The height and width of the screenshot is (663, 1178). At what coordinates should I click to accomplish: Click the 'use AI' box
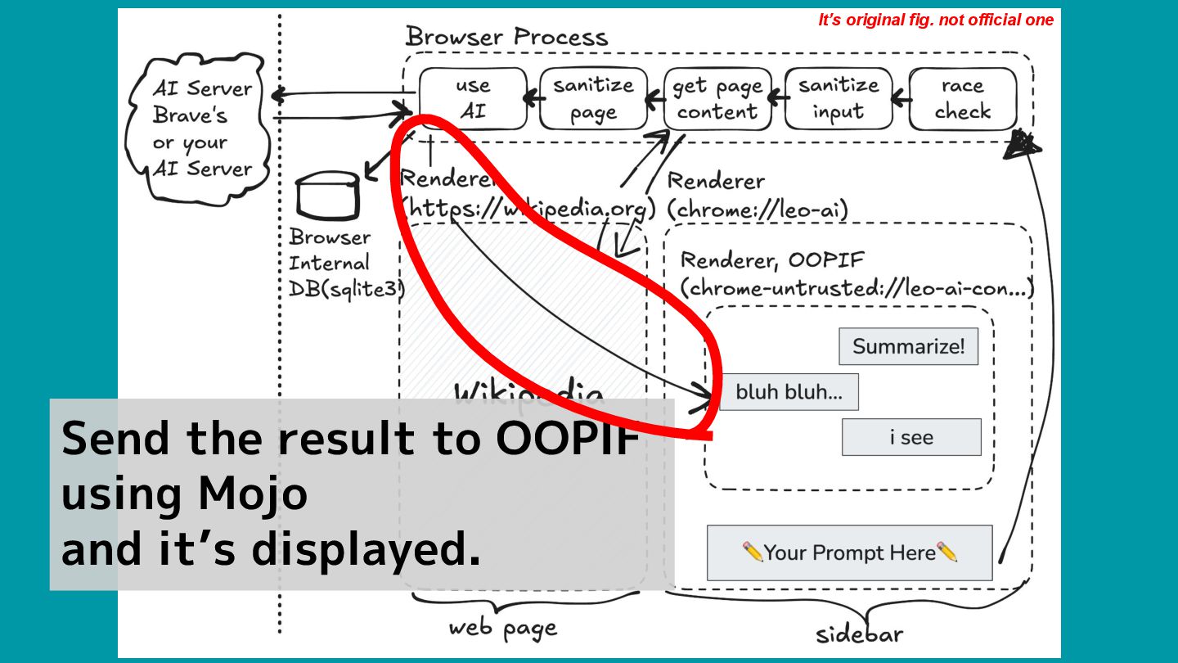[473, 98]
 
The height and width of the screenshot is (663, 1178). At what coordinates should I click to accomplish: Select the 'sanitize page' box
[593, 98]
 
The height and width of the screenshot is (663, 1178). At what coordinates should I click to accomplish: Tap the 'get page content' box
[717, 98]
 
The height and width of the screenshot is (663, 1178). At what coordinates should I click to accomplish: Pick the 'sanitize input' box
[839, 98]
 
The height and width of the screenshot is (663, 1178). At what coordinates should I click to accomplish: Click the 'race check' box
[962, 98]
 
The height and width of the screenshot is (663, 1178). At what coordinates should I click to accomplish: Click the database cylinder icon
[327, 196]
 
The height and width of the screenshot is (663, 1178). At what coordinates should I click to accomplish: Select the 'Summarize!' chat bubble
[908, 346]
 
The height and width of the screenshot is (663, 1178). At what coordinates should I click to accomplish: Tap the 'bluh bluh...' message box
[789, 392]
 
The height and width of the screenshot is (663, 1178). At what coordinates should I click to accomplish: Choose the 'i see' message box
[911, 437]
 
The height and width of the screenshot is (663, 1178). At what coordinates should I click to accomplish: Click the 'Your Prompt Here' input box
[849, 552]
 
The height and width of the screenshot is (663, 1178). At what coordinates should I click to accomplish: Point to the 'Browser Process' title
[506, 37]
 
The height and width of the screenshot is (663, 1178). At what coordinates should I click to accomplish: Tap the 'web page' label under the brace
[502, 628]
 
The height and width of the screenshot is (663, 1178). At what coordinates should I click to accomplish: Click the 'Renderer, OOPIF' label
[772, 260]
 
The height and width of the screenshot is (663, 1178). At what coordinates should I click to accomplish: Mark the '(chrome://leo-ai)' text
[758, 210]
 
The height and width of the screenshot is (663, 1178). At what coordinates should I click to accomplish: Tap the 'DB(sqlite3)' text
[347, 289]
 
